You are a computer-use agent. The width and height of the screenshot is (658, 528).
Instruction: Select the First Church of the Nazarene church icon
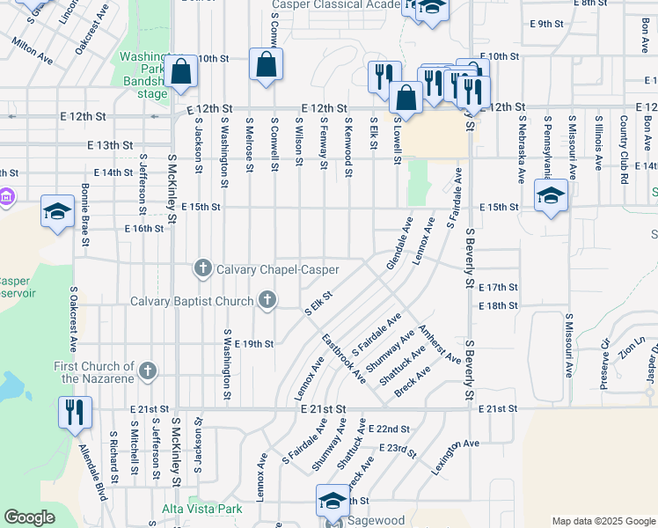tap(148, 371)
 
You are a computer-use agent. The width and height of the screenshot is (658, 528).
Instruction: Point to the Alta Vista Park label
tap(201, 510)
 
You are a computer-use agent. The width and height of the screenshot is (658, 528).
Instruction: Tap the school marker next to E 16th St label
tap(57, 212)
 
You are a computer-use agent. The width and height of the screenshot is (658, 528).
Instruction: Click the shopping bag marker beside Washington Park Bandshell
tap(180, 74)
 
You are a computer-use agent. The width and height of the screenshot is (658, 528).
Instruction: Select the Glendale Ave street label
tap(399, 244)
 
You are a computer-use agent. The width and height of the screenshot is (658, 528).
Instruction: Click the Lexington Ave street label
tap(455, 458)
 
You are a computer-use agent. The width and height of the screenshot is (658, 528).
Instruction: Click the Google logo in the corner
tap(29, 517)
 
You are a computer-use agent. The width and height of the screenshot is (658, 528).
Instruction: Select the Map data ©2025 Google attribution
tap(603, 521)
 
